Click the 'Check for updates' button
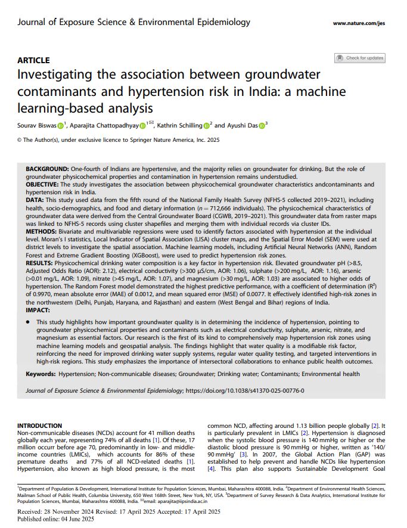(360, 58)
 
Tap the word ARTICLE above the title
(33, 60)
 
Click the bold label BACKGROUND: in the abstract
(47, 170)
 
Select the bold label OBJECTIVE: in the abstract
(44, 185)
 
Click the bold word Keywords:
(42, 374)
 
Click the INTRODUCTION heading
(39, 425)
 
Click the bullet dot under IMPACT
(28, 322)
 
